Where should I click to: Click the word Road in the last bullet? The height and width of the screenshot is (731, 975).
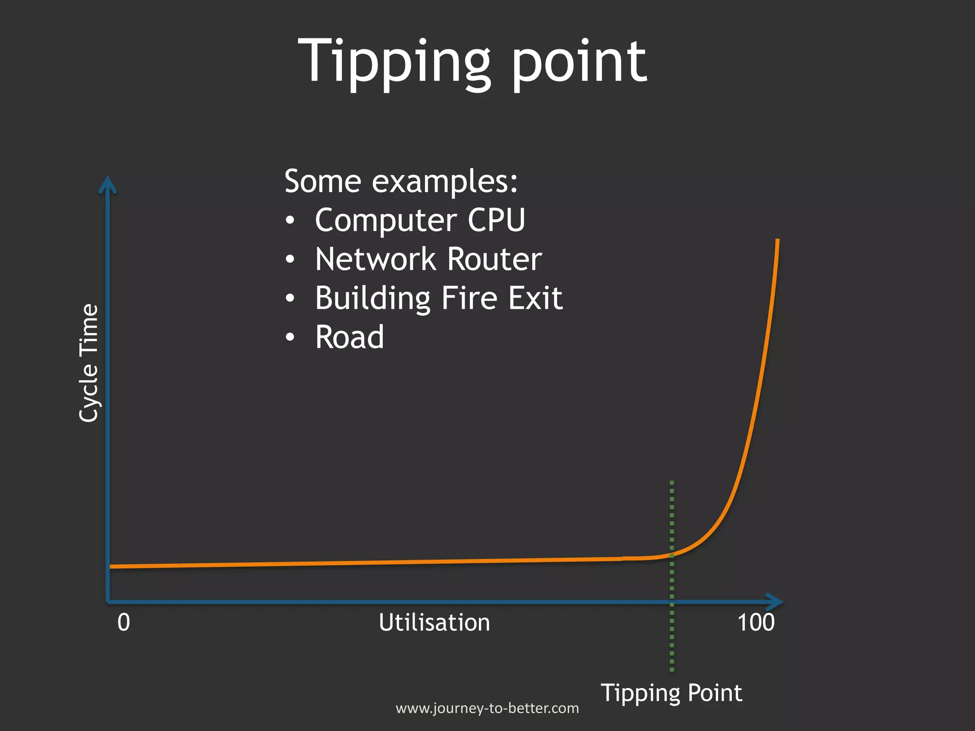pyautogui.click(x=349, y=337)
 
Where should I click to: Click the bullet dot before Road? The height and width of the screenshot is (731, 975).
pyautogui.click(x=290, y=337)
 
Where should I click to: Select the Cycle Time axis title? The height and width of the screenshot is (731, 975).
pyautogui.click(x=89, y=363)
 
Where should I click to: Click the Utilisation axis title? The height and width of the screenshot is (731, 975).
pyautogui.click(x=434, y=622)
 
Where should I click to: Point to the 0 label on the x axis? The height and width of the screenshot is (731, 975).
pyautogui.click(x=123, y=622)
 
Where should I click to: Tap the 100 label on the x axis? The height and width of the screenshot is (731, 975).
pyautogui.click(x=756, y=622)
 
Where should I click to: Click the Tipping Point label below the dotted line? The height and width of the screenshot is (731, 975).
pyautogui.click(x=671, y=692)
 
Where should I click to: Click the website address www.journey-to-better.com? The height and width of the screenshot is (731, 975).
pyautogui.click(x=487, y=708)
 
